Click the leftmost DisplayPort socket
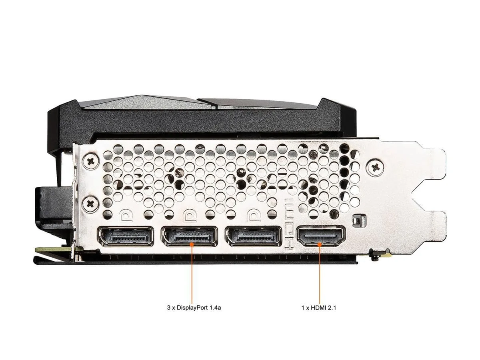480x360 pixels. pyautogui.click(x=126, y=237)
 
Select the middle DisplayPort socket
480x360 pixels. pyautogui.click(x=189, y=237)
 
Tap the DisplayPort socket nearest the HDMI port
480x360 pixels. pyautogui.click(x=254, y=237)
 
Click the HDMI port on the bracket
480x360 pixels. pyautogui.click(x=321, y=236)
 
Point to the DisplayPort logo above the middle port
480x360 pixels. pyautogui.click(x=190, y=216)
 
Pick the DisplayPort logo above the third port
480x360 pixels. pyautogui.click(x=254, y=216)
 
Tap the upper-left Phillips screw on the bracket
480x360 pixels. pyautogui.click(x=90, y=162)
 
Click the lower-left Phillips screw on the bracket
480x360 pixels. pyautogui.click(x=90, y=204)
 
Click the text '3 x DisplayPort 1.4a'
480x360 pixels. pyautogui.click(x=194, y=308)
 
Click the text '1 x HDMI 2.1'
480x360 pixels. pyautogui.click(x=319, y=308)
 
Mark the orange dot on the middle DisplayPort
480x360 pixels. pyautogui.click(x=192, y=244)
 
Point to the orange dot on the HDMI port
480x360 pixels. pyautogui.click(x=320, y=244)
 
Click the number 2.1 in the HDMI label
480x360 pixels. pyautogui.click(x=332, y=308)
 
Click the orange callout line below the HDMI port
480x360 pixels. pyautogui.click(x=320, y=274)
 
